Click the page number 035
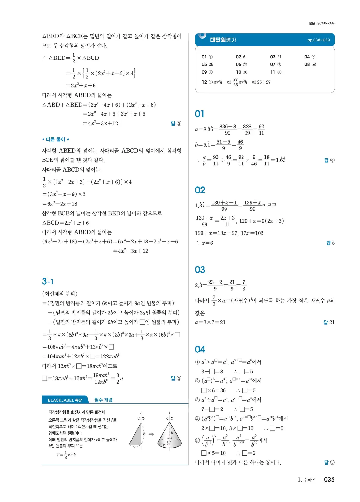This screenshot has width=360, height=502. pyautogui.click(x=329, y=479)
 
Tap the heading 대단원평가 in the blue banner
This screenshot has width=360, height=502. pyautogui.click(x=223, y=40)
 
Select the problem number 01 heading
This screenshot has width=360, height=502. pyautogui.click(x=200, y=114)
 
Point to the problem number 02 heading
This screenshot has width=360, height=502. pyautogui.click(x=200, y=190)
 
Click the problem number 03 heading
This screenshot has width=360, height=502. pyautogui.click(x=200, y=270)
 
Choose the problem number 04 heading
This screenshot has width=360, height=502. pyautogui.click(x=200, y=349)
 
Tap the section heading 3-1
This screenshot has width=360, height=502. pyautogui.click(x=48, y=281)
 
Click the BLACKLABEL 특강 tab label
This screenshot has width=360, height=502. pyautogui.click(x=65, y=400)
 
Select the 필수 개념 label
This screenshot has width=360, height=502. pyautogui.click(x=103, y=400)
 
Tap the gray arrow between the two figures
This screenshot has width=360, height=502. pyautogui.click(x=151, y=434)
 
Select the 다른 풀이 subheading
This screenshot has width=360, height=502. pyautogui.click(x=56, y=139)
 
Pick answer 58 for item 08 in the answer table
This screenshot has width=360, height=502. pyautogui.click(x=314, y=65)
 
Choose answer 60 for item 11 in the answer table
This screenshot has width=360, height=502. pyautogui.click(x=279, y=72)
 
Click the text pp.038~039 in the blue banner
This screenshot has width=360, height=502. pyautogui.click(x=319, y=40)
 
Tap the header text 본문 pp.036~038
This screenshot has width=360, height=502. pyautogui.click(x=321, y=23)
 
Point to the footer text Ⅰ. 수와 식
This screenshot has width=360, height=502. pyautogui.click(x=307, y=480)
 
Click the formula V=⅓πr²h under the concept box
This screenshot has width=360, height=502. pyautogui.click(x=66, y=455)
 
